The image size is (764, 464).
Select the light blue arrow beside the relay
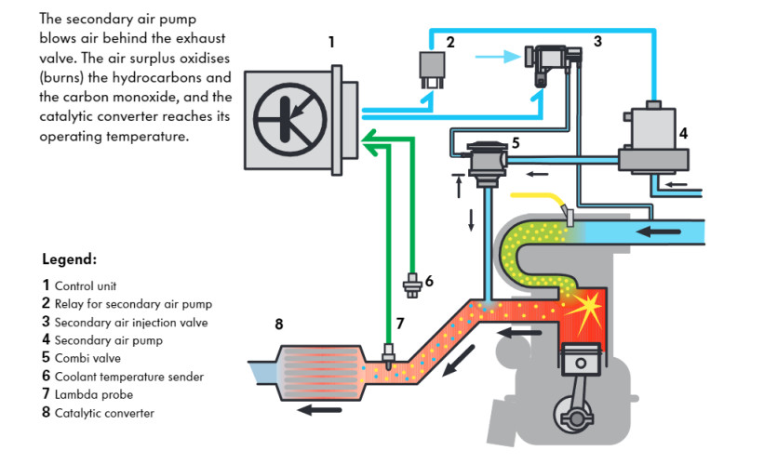[x=496, y=57]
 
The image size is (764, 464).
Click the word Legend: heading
[x=70, y=259]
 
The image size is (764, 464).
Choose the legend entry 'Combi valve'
[x=87, y=358]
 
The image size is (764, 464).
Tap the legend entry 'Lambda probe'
[x=92, y=394]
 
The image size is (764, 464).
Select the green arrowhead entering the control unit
[x=369, y=141]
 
